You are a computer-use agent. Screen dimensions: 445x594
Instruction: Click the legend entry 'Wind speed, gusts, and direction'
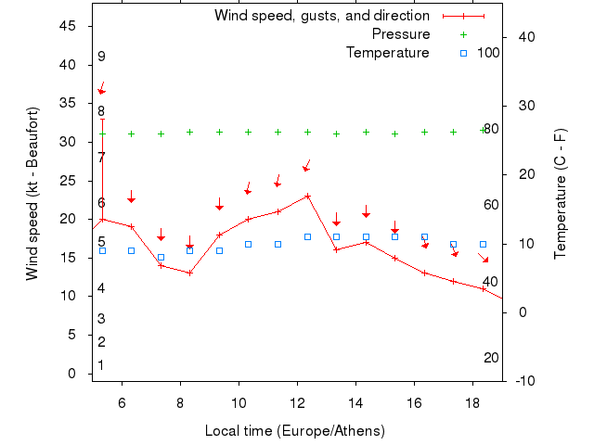point(321,16)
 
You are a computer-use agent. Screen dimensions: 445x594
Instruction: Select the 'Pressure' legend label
point(401,34)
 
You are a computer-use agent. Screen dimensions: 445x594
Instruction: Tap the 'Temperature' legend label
point(388,53)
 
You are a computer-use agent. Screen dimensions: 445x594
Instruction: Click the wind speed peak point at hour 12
point(307,196)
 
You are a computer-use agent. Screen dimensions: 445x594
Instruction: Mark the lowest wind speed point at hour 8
point(190,273)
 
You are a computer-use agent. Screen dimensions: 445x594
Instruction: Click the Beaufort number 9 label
point(101,57)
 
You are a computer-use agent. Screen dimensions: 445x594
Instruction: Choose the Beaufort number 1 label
point(101,365)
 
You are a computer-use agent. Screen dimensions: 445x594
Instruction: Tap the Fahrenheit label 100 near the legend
point(488,53)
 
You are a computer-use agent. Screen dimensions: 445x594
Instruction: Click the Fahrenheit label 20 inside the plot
point(491,358)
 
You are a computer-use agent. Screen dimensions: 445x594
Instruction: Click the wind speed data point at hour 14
point(366,242)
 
